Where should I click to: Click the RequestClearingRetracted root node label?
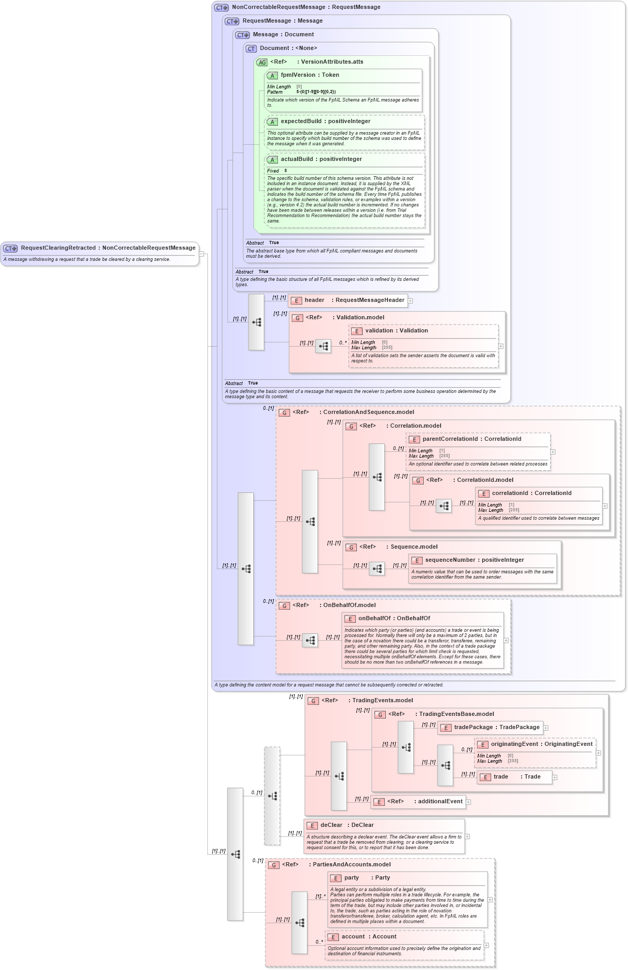pos(58,248)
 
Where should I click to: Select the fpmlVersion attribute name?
pos(298,75)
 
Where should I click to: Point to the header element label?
pos(314,300)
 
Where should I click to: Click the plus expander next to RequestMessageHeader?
pos(411,301)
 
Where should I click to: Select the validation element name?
pos(379,331)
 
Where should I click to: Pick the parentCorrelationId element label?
pos(450,439)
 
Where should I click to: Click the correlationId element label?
pos(510,493)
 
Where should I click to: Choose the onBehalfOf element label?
pos(374,619)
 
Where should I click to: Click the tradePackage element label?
pos(473,727)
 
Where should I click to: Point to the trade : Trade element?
pos(516,777)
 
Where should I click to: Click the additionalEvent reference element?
pos(440,802)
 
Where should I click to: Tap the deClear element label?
pos(331,825)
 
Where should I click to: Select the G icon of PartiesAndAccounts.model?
pos(273,865)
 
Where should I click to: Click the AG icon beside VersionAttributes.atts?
pos(262,62)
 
